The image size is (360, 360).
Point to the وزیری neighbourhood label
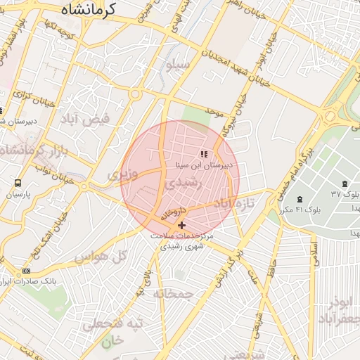120,172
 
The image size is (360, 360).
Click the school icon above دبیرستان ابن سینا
204,154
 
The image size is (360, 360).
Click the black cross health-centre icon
182,225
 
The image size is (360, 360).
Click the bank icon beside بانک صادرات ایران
27,271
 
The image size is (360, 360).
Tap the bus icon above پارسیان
17,181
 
